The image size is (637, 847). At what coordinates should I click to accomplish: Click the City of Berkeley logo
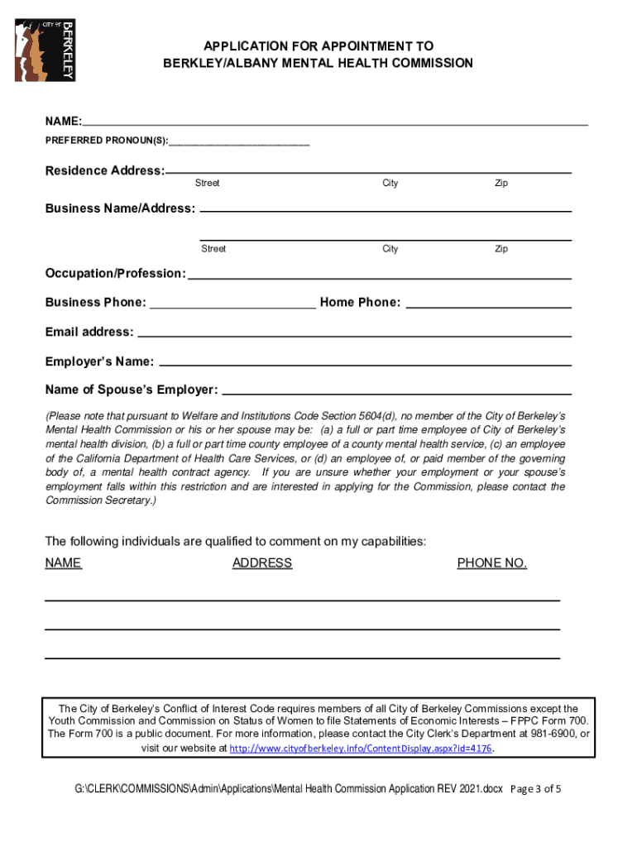click(x=45, y=50)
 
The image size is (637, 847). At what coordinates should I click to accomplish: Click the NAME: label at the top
click(x=63, y=122)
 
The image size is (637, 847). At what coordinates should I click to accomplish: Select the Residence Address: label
click(x=104, y=170)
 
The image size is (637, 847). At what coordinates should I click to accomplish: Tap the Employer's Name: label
click(x=99, y=361)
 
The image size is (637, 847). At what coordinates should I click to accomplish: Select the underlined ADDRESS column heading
click(x=262, y=563)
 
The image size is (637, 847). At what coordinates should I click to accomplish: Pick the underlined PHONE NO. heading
click(x=491, y=563)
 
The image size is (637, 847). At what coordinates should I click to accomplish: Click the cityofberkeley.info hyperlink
click(x=360, y=749)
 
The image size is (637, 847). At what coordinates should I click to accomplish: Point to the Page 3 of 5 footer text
click(x=536, y=788)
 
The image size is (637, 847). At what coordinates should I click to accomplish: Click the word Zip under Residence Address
click(x=501, y=183)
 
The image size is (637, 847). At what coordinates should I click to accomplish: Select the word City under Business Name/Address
click(x=390, y=249)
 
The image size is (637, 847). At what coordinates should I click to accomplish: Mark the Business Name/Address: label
click(x=120, y=208)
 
